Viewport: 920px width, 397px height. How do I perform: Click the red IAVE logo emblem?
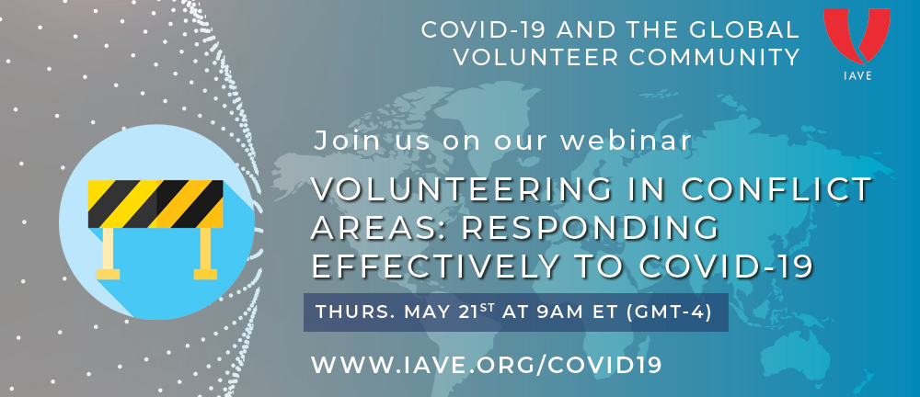pyautogui.click(x=857, y=35)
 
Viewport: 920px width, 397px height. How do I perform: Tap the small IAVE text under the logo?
pyautogui.click(x=857, y=75)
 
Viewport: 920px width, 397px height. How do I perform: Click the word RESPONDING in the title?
pyautogui.click(x=591, y=228)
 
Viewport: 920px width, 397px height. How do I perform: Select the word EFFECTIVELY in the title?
pyautogui.click(x=434, y=266)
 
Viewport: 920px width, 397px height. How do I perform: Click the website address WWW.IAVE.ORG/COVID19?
pyautogui.click(x=487, y=364)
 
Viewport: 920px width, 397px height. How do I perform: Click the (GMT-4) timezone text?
pyautogui.click(x=670, y=312)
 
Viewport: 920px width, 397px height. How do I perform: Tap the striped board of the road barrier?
pyautogui.click(x=155, y=204)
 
